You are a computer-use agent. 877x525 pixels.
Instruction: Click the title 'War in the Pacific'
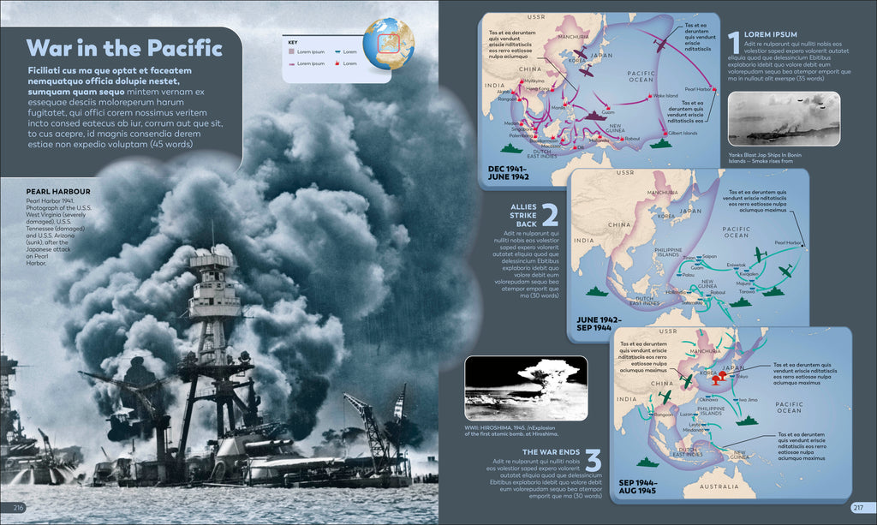tap(124, 47)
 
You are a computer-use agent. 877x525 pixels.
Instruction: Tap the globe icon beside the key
tap(388, 43)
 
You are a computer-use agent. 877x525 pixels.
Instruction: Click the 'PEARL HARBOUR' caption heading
tap(58, 192)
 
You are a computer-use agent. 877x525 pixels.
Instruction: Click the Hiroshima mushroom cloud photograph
tap(526, 388)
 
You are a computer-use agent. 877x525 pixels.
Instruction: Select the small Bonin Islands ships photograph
tap(783, 119)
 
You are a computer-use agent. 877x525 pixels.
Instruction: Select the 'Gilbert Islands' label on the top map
tap(683, 133)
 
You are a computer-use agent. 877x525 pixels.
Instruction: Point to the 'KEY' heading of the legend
tap(292, 42)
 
